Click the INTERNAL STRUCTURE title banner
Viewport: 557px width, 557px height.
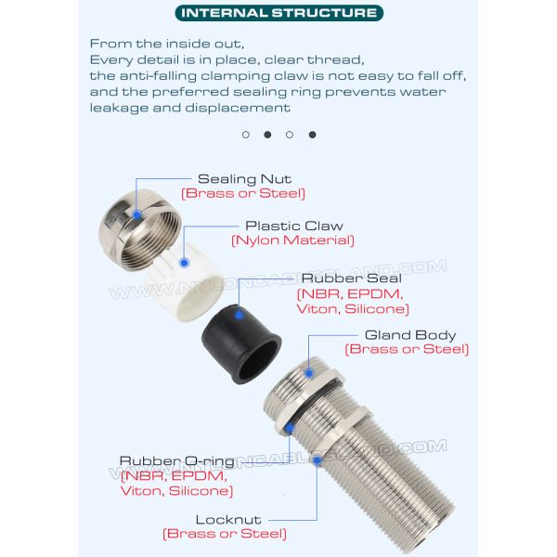click(279, 13)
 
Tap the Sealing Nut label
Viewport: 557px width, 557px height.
click(245, 179)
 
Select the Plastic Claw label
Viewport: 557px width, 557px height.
click(294, 226)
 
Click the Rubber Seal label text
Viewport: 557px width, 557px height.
click(351, 278)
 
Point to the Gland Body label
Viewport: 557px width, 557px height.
click(410, 335)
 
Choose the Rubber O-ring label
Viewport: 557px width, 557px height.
click(177, 461)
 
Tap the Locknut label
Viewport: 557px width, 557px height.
click(228, 520)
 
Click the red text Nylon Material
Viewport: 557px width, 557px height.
click(293, 240)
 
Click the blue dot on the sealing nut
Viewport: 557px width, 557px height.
click(136, 214)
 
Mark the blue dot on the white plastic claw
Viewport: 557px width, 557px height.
click(184, 263)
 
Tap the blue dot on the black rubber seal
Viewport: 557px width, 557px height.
click(240, 315)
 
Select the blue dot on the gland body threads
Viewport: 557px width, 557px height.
click(309, 373)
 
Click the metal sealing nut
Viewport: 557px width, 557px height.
click(140, 230)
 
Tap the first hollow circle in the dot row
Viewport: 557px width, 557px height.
click(246, 135)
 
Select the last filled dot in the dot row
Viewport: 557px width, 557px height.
click(312, 135)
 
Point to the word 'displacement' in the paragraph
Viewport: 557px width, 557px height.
click(238, 108)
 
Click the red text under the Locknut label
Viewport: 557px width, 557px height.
click(225, 534)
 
